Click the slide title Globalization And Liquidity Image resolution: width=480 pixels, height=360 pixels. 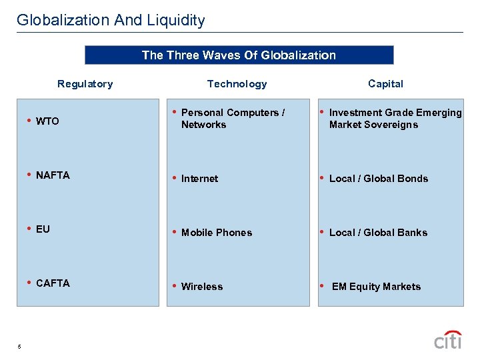coord(111,20)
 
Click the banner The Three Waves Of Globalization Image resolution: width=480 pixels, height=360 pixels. coord(239,55)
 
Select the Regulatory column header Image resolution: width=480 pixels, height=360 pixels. coord(85,84)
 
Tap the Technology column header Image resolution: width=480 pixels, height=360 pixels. coord(237,84)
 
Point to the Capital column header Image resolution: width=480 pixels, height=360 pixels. coord(385,84)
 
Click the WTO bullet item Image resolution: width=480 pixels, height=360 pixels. coord(47,121)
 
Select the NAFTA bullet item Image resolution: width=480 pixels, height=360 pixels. coord(53,175)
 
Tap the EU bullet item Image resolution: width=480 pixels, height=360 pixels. coord(43,229)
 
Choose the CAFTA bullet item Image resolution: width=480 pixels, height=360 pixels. coord(53,283)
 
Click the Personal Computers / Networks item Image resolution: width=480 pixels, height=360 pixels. coord(233,119)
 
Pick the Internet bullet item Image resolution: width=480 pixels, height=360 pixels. coord(199,179)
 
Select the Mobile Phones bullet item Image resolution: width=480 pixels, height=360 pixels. coord(217,233)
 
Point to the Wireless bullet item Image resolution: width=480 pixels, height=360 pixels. coord(202,287)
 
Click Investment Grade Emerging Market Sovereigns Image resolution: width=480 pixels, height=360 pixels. coord(395,119)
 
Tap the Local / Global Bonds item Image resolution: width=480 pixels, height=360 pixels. coord(379,179)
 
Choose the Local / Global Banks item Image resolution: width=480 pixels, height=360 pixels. coord(378,233)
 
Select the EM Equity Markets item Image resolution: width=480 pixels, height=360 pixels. coord(376,287)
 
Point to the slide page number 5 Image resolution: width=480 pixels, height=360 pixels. coord(20,346)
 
